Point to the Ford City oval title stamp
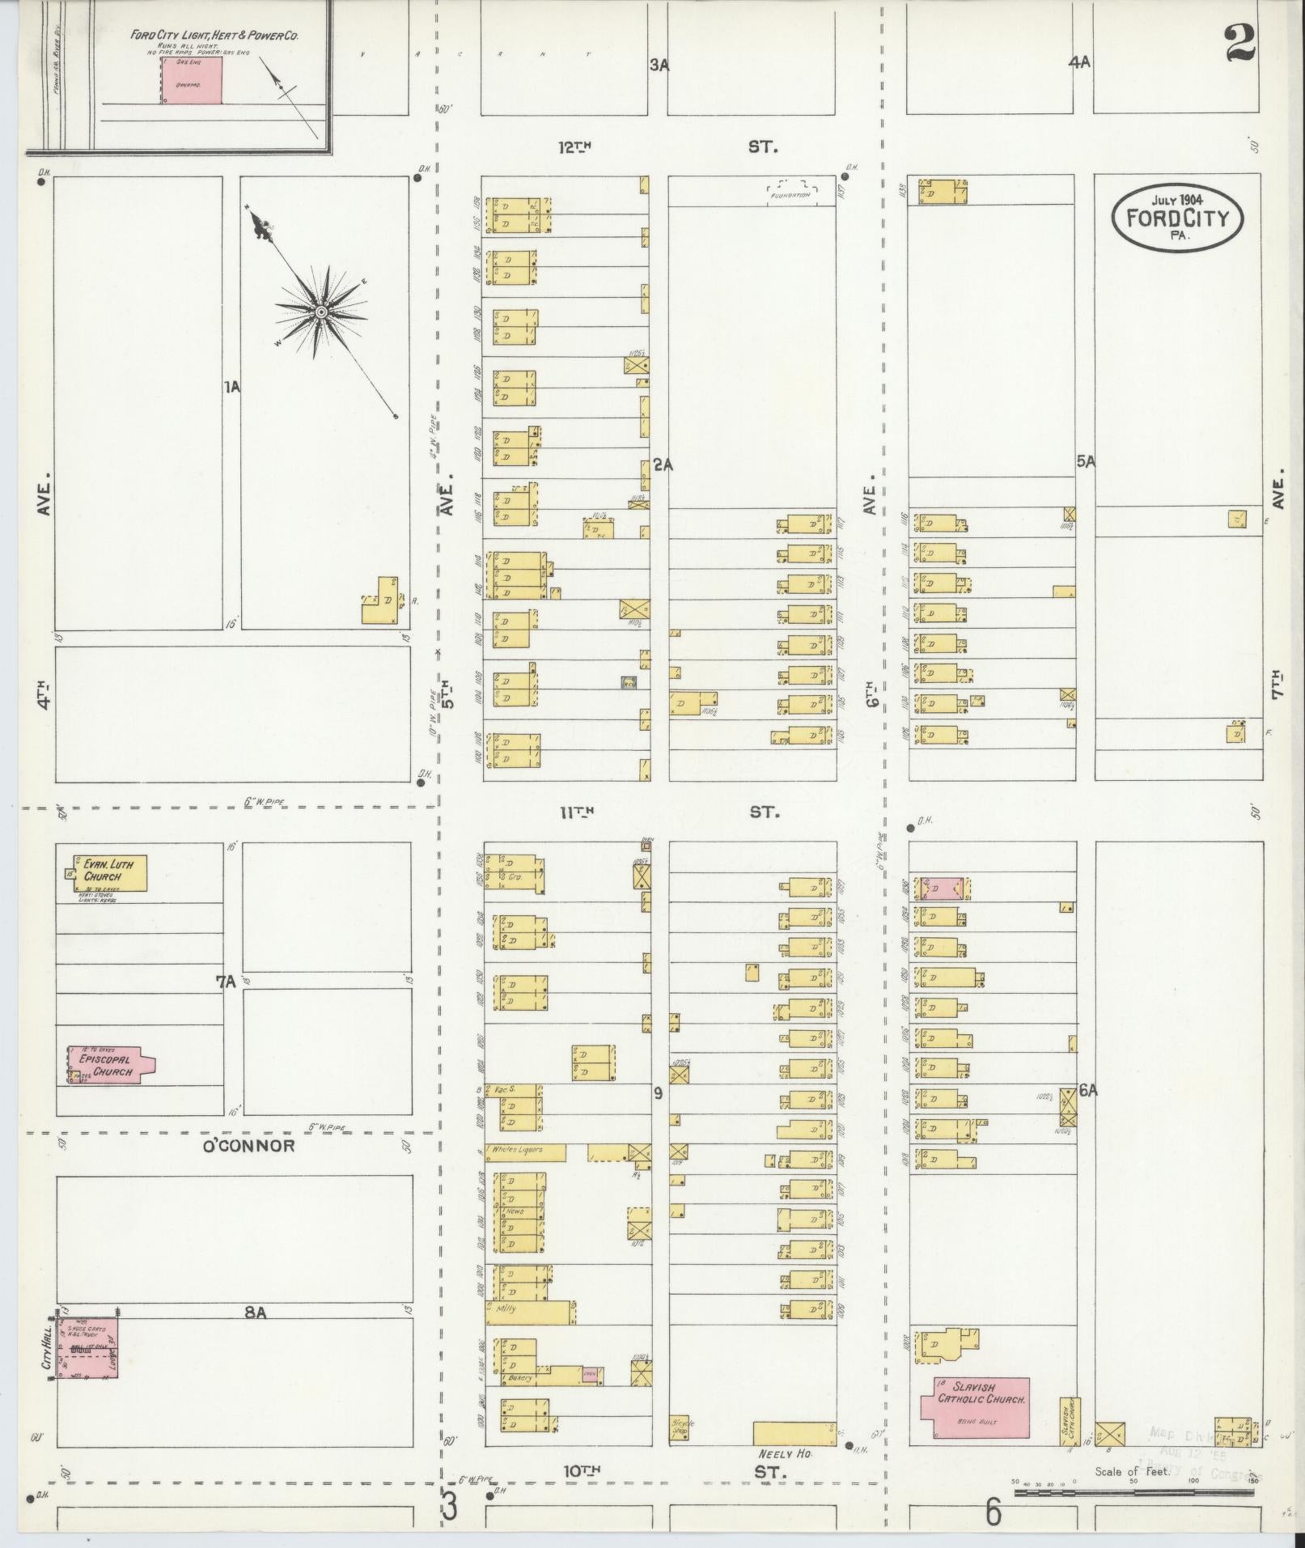pos(1176,218)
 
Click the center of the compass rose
pos(321,312)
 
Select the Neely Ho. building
pos(794,1433)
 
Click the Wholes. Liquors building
pos(525,1152)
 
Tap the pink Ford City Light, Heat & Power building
pos(192,80)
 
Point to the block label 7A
pos(225,982)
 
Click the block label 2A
pos(663,465)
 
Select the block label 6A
pos(1088,1091)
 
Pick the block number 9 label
pos(659,1093)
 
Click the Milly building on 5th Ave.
pos(529,1308)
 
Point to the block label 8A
pos(256,1313)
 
